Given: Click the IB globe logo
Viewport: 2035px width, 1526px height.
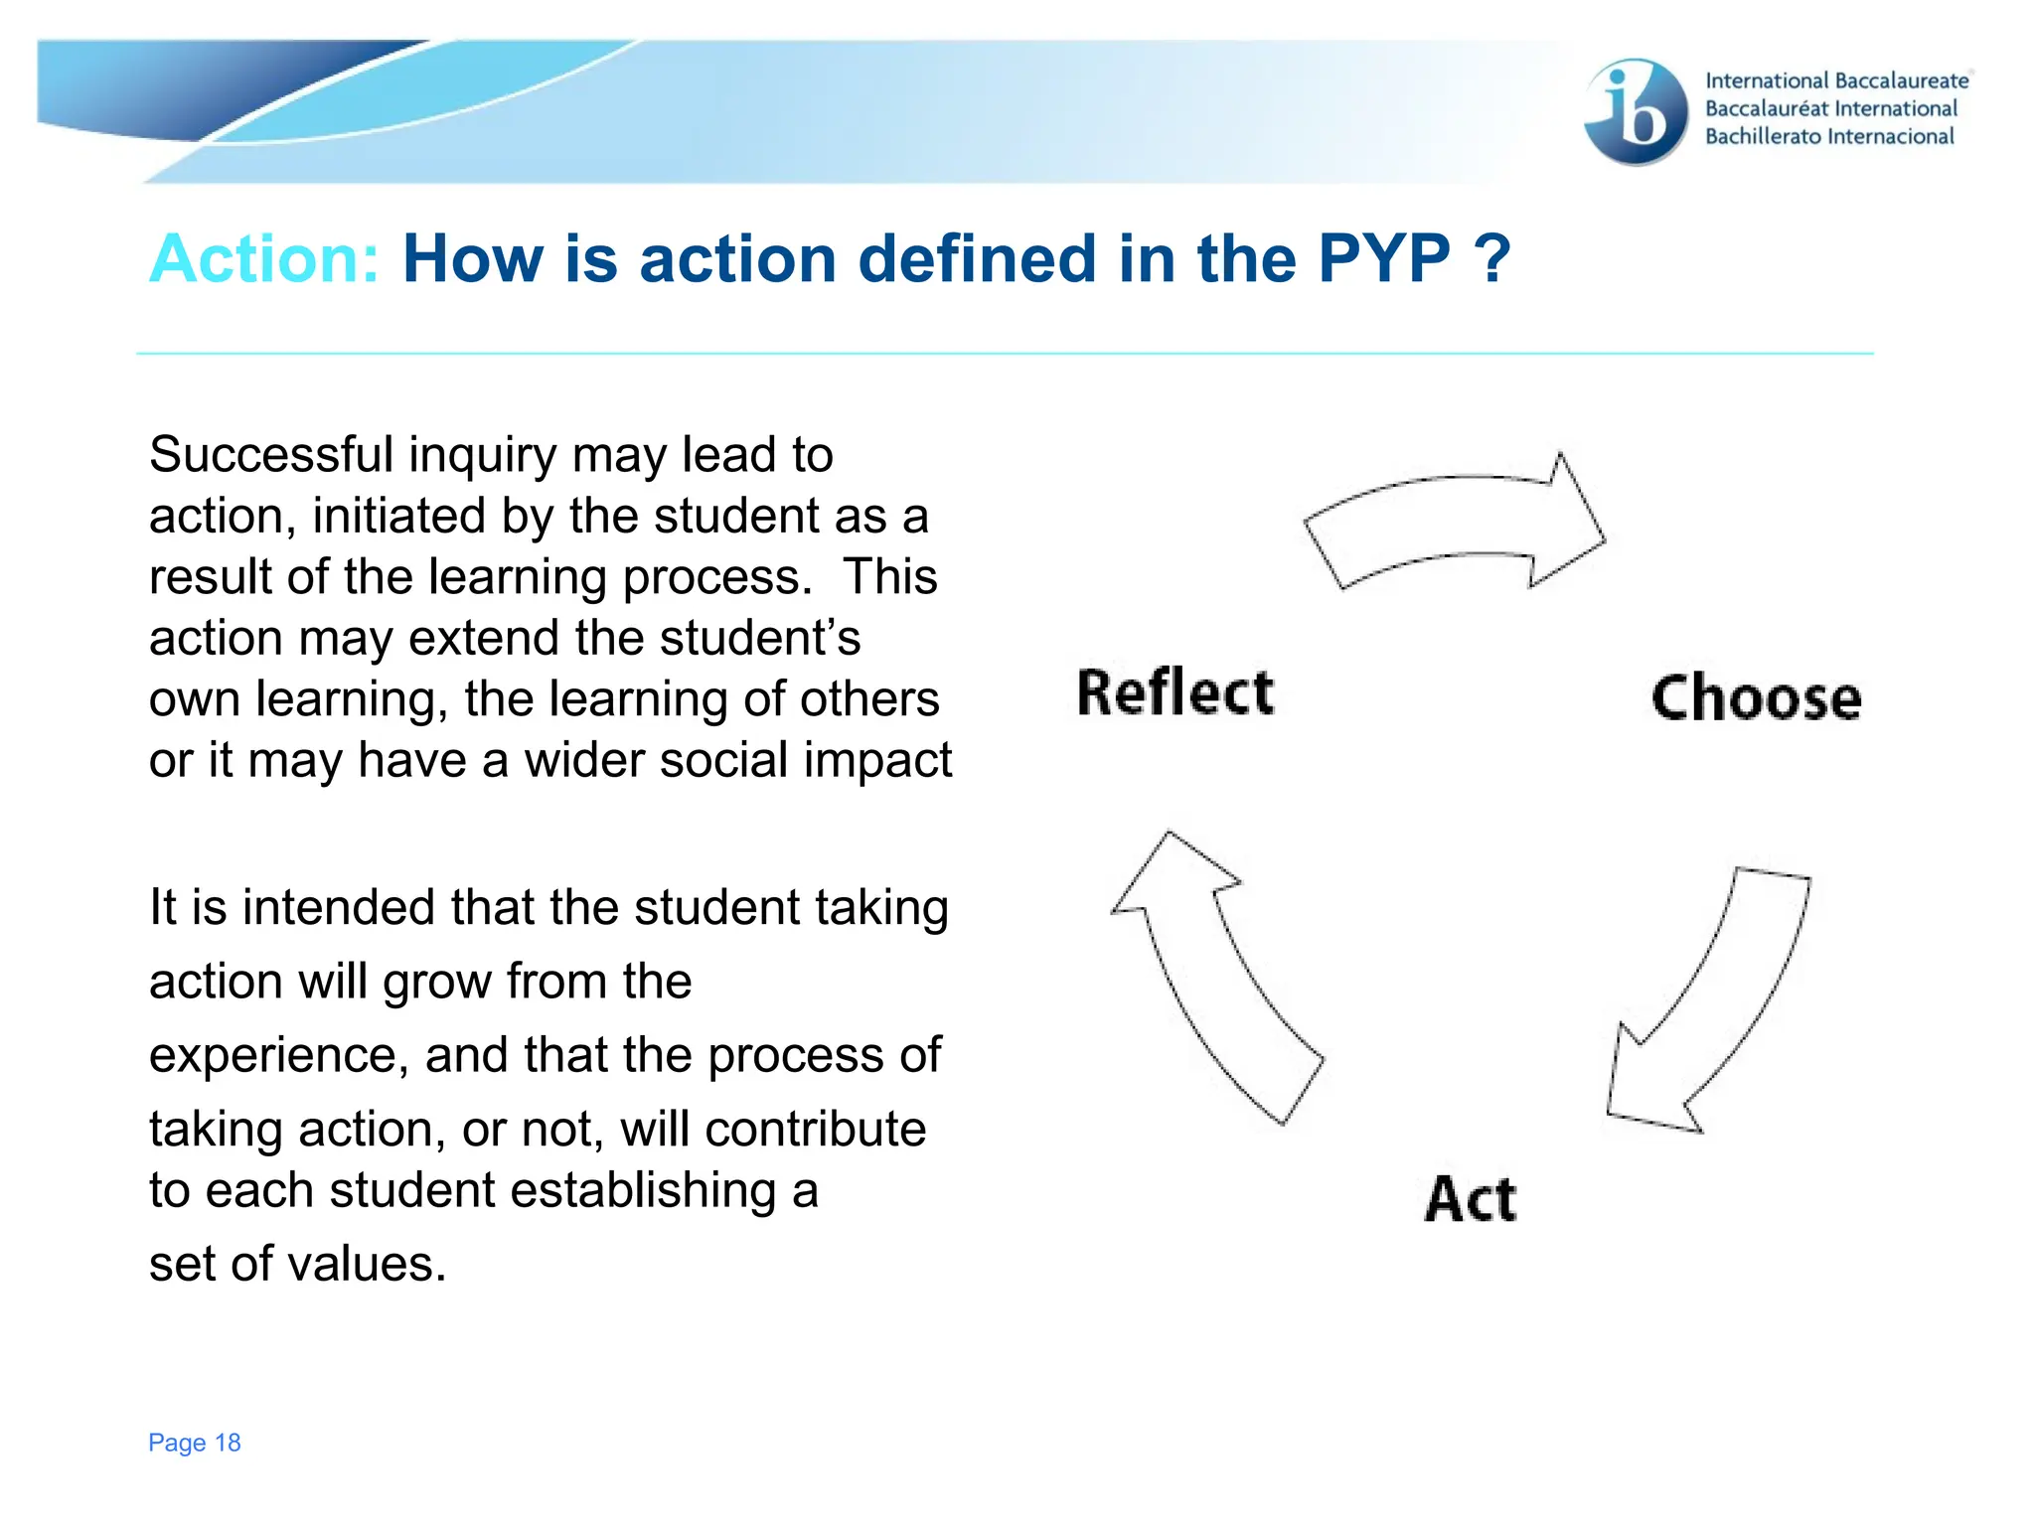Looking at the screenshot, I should pos(1636,111).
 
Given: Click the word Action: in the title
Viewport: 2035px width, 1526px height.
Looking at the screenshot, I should pos(264,259).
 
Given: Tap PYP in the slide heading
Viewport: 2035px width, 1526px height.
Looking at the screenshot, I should pos(1384,259).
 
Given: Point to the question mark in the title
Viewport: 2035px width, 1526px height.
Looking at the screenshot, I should pos(1492,259).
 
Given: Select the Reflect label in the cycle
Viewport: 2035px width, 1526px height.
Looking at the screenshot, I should pos(1175,692).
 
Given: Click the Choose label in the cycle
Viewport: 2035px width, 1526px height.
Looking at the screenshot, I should pos(1756,697).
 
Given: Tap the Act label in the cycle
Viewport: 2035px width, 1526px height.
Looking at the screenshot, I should pos(1471,1198).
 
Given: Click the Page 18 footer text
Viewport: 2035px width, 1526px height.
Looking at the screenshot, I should pos(195,1443).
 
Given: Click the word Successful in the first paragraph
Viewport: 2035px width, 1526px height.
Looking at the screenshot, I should pos(271,455).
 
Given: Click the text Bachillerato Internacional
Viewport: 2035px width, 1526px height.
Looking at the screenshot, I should pos(1829,136).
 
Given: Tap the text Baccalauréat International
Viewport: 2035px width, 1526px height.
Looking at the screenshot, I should pos(1831,108).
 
